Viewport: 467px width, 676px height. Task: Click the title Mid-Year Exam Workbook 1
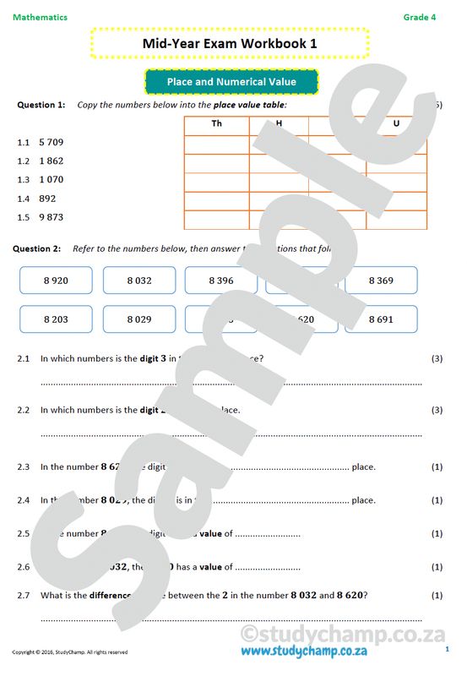(230, 43)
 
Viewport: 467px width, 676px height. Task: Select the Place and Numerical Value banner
(231, 82)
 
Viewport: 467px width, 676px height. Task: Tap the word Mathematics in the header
(40, 17)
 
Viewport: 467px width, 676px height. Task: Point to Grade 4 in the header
(420, 17)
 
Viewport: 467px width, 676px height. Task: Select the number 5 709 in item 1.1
(51, 142)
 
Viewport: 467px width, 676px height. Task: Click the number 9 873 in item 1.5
(51, 217)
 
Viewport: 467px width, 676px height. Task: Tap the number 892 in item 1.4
(47, 199)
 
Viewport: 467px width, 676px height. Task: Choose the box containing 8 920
(56, 281)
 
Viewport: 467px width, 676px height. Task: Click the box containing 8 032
(139, 281)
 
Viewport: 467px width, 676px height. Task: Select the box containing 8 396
(221, 281)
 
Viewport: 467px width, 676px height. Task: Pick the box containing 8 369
(381, 281)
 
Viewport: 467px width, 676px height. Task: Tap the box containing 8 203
(56, 319)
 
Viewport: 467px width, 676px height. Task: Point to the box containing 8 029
(139, 319)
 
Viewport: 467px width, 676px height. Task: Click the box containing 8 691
(381, 319)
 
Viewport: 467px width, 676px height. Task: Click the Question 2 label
(39, 249)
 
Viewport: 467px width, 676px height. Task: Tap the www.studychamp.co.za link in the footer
(303, 651)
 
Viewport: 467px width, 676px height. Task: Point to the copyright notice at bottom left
(69, 652)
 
